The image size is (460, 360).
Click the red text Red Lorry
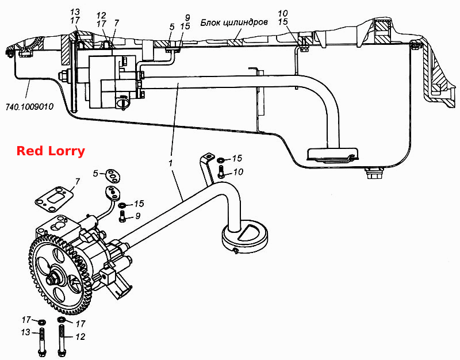(x=51, y=151)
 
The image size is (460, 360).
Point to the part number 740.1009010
(x=30, y=106)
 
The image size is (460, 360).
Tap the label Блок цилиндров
(x=234, y=22)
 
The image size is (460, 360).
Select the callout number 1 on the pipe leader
(x=171, y=163)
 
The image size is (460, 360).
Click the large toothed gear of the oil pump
(x=60, y=271)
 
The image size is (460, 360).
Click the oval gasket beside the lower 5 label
(x=112, y=175)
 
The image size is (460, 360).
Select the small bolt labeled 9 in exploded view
(x=122, y=217)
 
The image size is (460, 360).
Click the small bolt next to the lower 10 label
(x=221, y=171)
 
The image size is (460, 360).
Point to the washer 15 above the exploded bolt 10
(x=221, y=160)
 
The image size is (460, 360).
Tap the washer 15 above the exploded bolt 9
(x=122, y=205)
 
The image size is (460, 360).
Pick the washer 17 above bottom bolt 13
(x=41, y=322)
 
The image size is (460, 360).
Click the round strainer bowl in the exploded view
(x=245, y=236)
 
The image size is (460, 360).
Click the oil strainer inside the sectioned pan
(x=332, y=155)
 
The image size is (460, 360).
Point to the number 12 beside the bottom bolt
(x=80, y=336)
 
